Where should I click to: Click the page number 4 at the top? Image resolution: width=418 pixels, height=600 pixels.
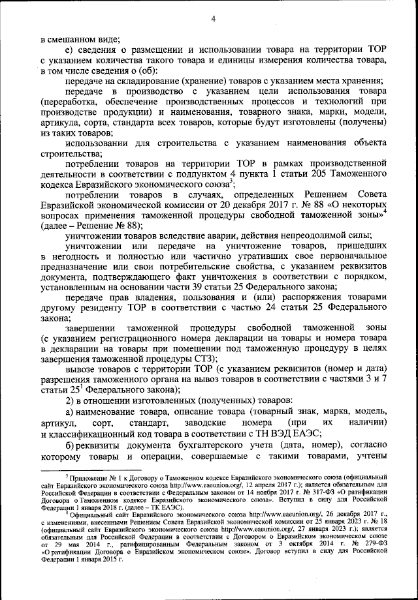(214, 19)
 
